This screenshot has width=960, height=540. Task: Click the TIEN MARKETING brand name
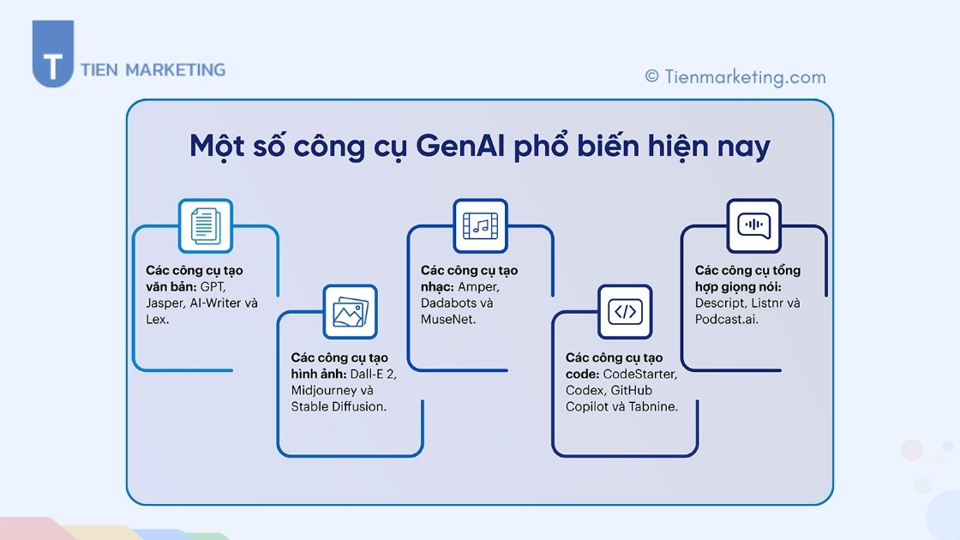(153, 69)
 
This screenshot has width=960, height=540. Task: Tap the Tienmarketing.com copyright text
(735, 76)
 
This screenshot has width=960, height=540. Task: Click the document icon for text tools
(205, 225)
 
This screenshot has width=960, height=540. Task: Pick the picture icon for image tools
(349, 312)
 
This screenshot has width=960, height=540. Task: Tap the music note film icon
(480, 225)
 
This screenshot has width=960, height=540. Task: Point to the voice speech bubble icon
(753, 225)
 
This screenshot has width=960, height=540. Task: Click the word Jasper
(165, 303)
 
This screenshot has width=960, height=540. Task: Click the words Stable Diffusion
(339, 406)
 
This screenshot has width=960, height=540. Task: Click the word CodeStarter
(639, 374)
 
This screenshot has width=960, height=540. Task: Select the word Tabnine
(655, 406)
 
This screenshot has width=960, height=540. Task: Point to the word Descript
(722, 303)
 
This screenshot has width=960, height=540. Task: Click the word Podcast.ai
(727, 319)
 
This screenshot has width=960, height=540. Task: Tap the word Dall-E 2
(373, 374)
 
